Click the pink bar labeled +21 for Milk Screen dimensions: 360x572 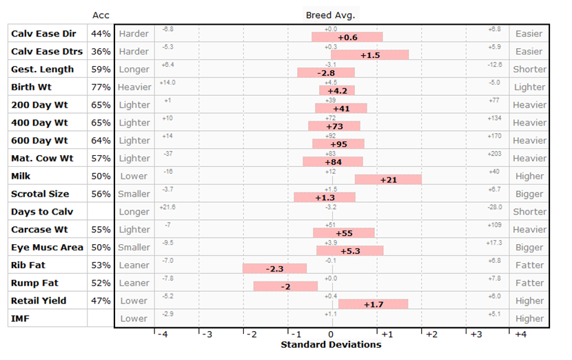(388, 179)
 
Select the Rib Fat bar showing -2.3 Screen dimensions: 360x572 (274, 268)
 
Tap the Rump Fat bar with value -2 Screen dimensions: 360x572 (285, 286)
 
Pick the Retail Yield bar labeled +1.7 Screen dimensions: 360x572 (373, 304)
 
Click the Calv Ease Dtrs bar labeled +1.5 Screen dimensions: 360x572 (369, 54)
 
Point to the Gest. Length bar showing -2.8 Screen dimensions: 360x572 (326, 72)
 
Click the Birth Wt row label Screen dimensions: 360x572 (31, 87)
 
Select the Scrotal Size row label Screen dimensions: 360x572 (40, 194)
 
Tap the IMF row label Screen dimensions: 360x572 (21, 319)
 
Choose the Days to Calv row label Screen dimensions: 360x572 (42, 212)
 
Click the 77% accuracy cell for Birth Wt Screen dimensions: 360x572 (101, 87)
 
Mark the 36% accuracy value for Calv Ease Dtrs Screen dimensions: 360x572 (101, 51)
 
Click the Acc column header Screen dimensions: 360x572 (101, 15)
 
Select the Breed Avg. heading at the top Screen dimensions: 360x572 (331, 15)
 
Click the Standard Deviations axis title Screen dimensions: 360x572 (331, 344)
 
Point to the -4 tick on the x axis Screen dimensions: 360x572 (161, 334)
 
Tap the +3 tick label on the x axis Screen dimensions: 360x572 (476, 334)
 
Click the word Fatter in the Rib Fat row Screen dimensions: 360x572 (529, 265)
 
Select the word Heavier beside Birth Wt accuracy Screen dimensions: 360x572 (134, 87)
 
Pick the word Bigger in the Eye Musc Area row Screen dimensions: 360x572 (529, 247)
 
